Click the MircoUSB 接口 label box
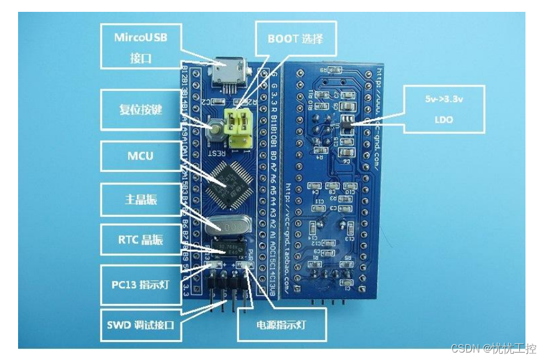click(x=140, y=48)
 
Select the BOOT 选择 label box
click(x=295, y=39)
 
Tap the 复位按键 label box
click(x=140, y=110)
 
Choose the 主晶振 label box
click(x=140, y=200)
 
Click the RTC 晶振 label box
click(x=140, y=240)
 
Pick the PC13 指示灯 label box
click(x=140, y=285)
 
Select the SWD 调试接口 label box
click(x=140, y=324)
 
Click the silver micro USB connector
click(x=227, y=74)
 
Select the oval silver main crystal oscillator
click(x=225, y=225)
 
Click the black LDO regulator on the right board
click(x=347, y=122)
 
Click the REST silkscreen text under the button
click(x=215, y=149)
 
